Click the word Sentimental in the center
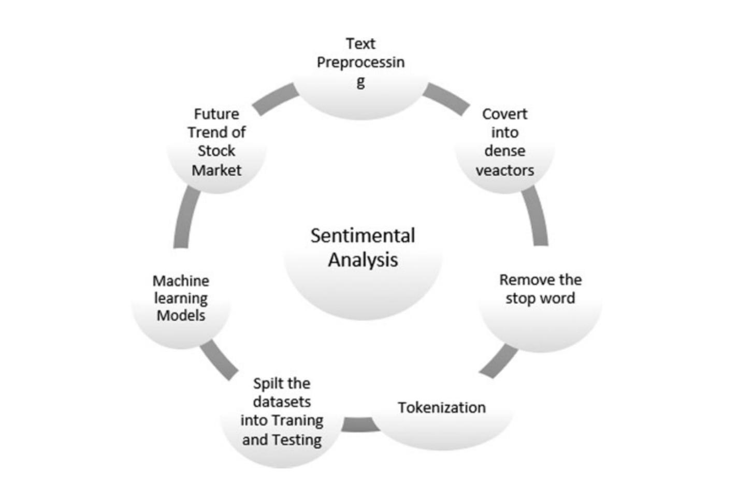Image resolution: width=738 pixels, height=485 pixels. [x=363, y=236]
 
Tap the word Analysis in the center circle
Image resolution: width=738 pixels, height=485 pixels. [x=363, y=259]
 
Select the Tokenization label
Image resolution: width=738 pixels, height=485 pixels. [x=441, y=408]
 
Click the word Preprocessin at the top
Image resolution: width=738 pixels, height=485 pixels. [x=360, y=63]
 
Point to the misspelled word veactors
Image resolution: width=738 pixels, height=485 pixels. [x=504, y=170]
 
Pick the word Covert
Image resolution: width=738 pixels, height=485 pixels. [x=504, y=114]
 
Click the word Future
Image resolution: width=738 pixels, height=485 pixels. [x=216, y=114]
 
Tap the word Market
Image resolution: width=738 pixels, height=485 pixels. [x=216, y=170]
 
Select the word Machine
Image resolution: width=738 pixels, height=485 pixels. [x=181, y=281]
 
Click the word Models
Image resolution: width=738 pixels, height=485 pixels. [x=181, y=315]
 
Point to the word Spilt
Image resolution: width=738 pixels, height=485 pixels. [x=267, y=384]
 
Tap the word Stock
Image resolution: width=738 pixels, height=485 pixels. [x=216, y=151]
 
